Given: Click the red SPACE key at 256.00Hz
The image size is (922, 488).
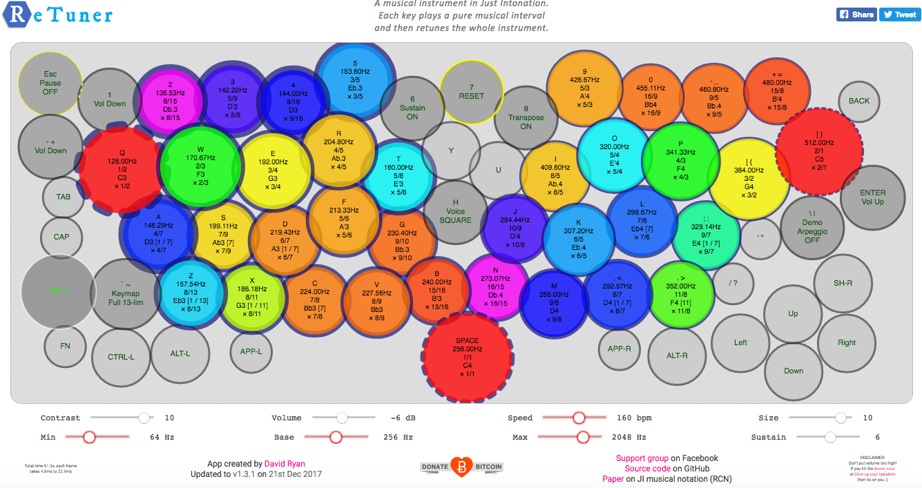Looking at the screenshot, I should [468, 355].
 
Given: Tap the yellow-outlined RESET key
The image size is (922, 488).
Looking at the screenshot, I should [472, 92].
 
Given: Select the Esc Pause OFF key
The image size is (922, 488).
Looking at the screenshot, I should [50, 83].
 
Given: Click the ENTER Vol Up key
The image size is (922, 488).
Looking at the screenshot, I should [872, 197].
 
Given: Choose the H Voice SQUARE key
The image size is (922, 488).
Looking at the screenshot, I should [455, 212].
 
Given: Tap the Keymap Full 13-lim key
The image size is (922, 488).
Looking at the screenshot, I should [126, 294].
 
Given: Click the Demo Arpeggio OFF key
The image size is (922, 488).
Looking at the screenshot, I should [811, 227].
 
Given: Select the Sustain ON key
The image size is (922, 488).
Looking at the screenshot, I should [412, 108].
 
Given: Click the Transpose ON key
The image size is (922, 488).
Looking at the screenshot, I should [526, 117].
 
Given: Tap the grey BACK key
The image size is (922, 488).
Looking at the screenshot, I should [859, 101].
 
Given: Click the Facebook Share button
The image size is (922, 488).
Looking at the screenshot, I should [856, 14].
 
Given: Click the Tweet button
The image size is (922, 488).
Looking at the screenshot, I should [899, 14].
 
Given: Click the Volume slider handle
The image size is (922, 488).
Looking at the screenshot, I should [342, 418].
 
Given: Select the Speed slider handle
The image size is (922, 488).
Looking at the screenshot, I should [579, 418].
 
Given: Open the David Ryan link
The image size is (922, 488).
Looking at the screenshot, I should [285, 464].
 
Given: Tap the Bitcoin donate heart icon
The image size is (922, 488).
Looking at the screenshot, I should [461, 467].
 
